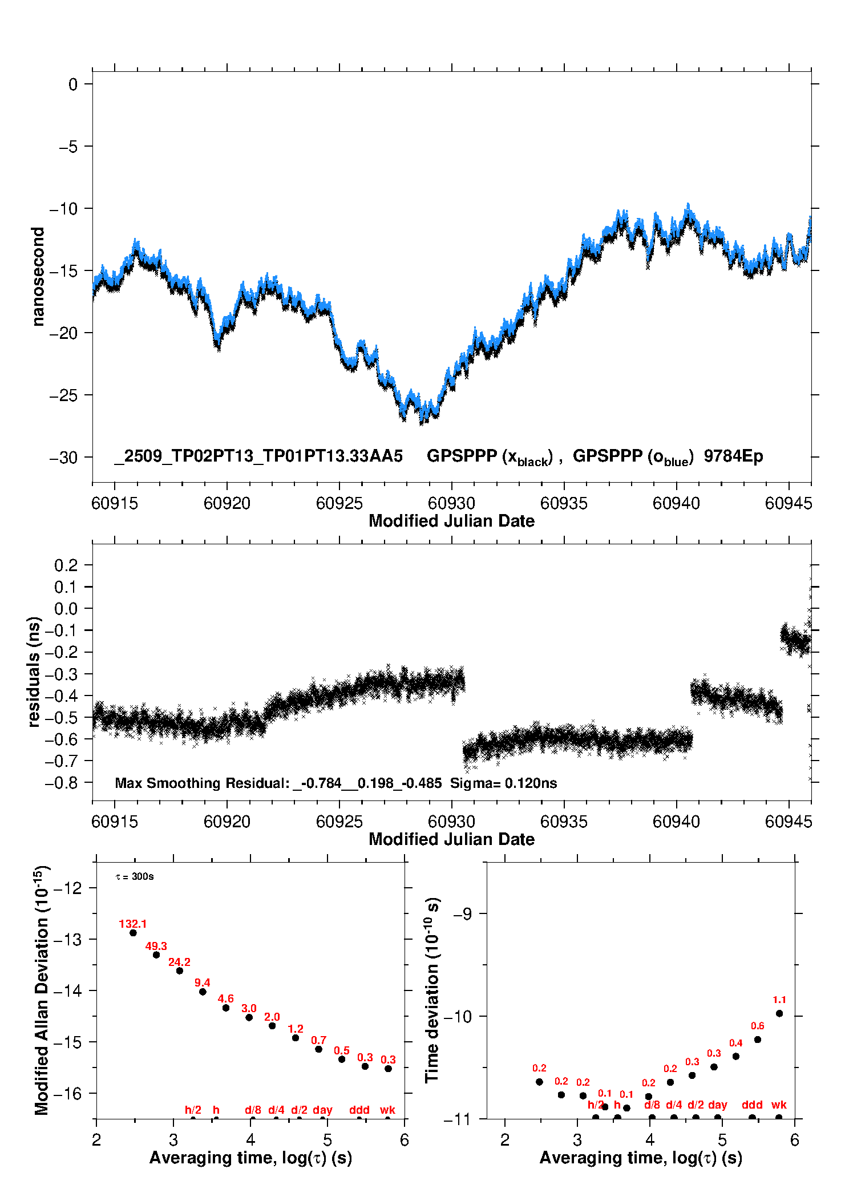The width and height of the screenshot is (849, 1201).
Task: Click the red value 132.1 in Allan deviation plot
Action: point(133,924)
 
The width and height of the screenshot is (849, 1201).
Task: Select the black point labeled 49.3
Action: point(156,955)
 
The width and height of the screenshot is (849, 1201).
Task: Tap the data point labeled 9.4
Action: point(203,992)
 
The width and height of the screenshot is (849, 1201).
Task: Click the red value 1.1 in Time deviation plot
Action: point(779,1000)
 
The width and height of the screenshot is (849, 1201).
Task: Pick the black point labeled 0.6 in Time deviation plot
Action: point(758,1040)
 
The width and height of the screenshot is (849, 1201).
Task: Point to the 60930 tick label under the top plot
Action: point(451,503)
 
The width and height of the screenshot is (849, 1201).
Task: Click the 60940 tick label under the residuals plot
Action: point(676,822)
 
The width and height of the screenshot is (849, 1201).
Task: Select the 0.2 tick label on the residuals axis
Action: point(66,565)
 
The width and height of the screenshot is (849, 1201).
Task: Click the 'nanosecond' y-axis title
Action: point(38,277)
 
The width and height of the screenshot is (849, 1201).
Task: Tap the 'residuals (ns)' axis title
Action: point(34,672)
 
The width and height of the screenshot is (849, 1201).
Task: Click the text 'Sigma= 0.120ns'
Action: point(503,783)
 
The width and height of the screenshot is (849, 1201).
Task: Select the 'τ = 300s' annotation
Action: point(135,876)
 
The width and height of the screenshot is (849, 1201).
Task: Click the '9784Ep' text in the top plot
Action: point(733,456)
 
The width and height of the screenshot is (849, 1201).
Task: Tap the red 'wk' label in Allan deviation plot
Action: point(387,1110)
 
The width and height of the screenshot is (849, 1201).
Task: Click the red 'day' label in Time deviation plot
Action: point(717,1105)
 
